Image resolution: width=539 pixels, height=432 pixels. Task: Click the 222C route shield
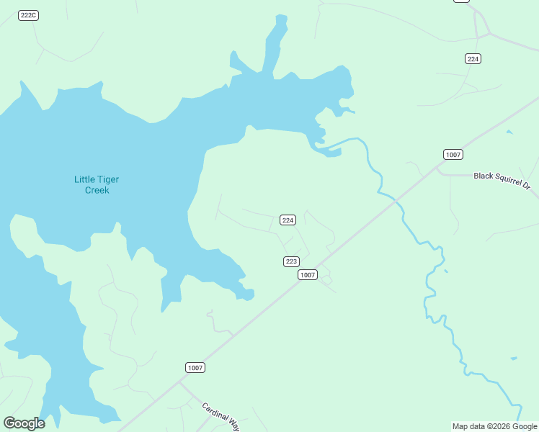click(28, 15)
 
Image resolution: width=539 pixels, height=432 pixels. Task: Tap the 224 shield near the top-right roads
click(473, 58)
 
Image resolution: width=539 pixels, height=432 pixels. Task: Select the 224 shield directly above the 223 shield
click(288, 220)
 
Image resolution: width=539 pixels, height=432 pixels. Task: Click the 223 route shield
click(291, 261)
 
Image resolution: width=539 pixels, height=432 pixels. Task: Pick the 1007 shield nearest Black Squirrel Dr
click(453, 155)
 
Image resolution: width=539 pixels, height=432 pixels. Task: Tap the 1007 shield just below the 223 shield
click(308, 275)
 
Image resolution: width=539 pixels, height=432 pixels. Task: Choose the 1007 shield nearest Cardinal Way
click(195, 367)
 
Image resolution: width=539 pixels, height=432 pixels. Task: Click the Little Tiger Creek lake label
click(92, 185)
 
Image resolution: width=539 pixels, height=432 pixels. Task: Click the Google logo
click(24, 423)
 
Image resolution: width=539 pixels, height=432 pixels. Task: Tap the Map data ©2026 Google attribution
click(494, 426)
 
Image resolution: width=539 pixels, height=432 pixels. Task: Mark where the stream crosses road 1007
click(394, 202)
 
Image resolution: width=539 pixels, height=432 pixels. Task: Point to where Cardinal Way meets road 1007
click(179, 382)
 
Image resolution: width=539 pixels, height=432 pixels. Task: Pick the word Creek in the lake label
click(97, 190)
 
